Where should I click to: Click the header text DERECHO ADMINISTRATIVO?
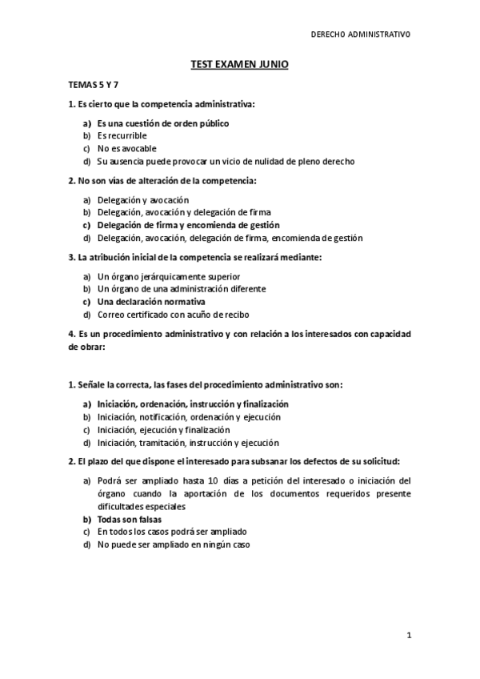click(360, 35)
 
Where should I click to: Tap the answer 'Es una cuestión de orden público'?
click(162, 124)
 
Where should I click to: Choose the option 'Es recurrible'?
click(122, 136)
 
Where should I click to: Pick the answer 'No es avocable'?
click(126, 149)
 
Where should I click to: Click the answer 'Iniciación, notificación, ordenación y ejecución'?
click(188, 417)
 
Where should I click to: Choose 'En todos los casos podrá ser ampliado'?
click(171, 532)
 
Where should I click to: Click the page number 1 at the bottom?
click(408, 636)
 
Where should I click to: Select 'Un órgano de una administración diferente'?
click(181, 289)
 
